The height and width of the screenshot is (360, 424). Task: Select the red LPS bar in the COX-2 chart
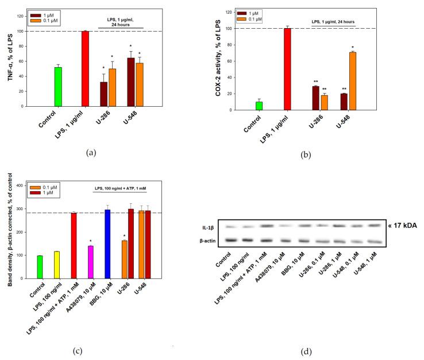[x=288, y=69]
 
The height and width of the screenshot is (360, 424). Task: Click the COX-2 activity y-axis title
[x=219, y=61]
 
